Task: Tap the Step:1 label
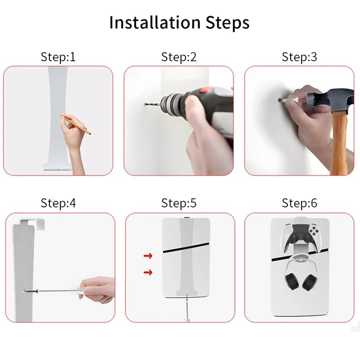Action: click(58, 57)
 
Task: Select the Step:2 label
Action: click(179, 57)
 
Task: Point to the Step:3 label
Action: click(299, 57)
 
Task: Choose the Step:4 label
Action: click(58, 203)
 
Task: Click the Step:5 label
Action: click(179, 203)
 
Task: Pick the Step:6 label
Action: click(299, 203)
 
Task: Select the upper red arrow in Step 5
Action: click(148, 256)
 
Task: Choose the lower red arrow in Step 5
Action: click(148, 272)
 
